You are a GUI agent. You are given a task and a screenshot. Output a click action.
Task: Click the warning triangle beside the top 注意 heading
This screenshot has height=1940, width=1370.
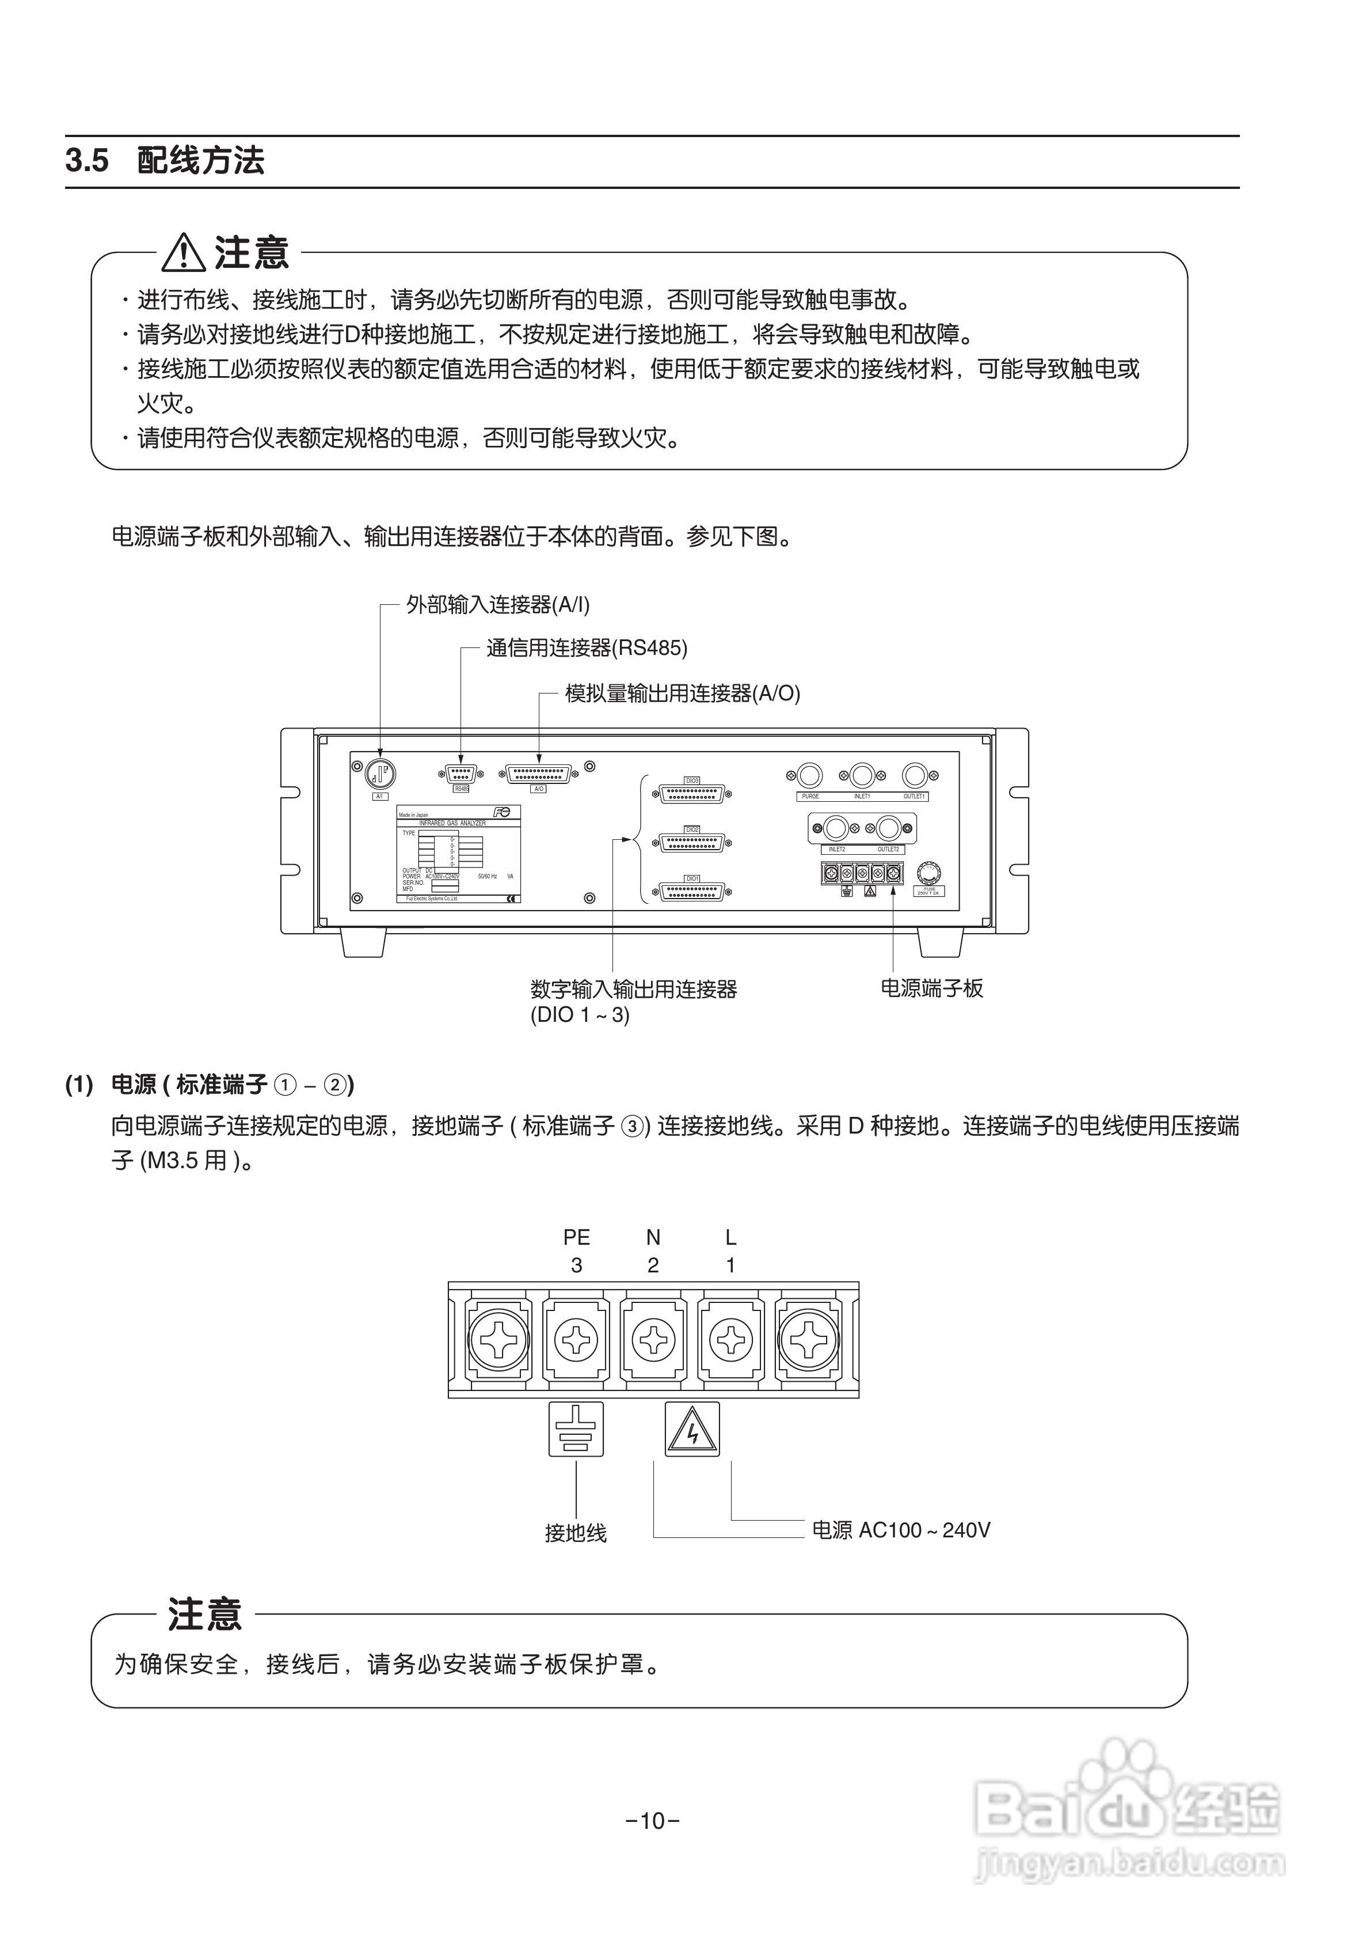184,253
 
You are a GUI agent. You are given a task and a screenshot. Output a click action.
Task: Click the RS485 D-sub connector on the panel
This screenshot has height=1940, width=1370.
461,773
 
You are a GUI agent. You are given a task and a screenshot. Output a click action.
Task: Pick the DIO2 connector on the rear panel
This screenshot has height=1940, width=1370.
692,842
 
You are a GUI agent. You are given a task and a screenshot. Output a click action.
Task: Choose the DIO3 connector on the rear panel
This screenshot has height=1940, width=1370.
692,793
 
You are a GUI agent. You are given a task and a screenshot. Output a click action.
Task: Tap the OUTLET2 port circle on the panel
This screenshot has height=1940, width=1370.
888,828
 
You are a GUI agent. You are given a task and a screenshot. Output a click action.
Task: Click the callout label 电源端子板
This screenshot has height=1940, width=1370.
931,988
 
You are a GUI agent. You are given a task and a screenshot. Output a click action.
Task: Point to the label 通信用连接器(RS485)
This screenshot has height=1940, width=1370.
587,648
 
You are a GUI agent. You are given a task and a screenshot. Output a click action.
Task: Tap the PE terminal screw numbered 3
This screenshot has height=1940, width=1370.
576,1340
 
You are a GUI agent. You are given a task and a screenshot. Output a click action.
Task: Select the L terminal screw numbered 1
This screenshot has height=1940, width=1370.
730,1340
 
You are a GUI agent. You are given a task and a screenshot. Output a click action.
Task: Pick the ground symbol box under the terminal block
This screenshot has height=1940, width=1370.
576,1429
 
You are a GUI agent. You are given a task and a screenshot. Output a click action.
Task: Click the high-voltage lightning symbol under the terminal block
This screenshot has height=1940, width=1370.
692,1429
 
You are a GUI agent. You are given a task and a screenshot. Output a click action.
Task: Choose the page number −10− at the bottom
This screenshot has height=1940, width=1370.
653,1821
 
